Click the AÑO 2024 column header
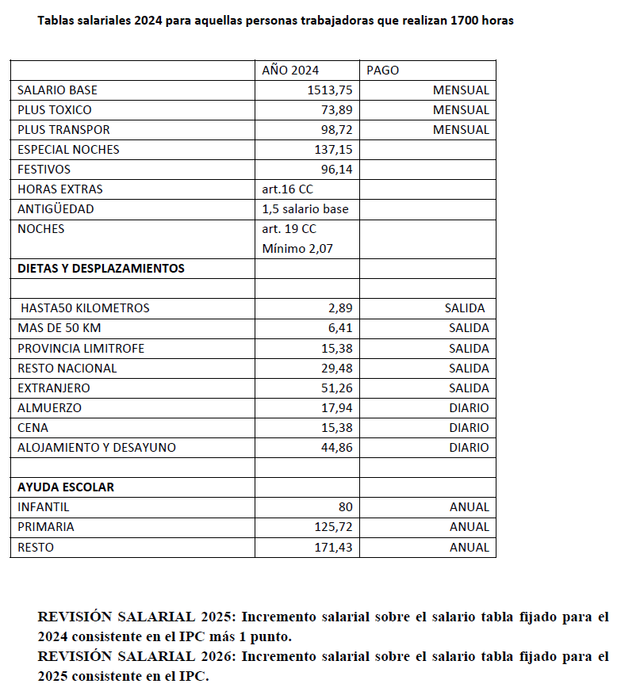[290, 70]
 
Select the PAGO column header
[382, 70]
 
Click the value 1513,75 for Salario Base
[330, 90]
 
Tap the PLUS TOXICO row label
[54, 110]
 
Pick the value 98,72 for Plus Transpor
[337, 130]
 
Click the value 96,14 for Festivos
[337, 170]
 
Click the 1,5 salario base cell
[305, 209]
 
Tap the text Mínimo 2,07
[297, 249]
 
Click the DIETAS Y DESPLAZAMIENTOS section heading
[101, 269]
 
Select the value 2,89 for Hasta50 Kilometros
[340, 308]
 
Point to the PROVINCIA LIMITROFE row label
[81, 349]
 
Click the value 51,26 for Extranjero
[337, 388]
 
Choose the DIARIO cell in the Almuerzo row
[469, 408]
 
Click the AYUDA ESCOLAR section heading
[66, 487]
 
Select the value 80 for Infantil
[345, 507]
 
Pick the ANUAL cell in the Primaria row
[470, 527]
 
